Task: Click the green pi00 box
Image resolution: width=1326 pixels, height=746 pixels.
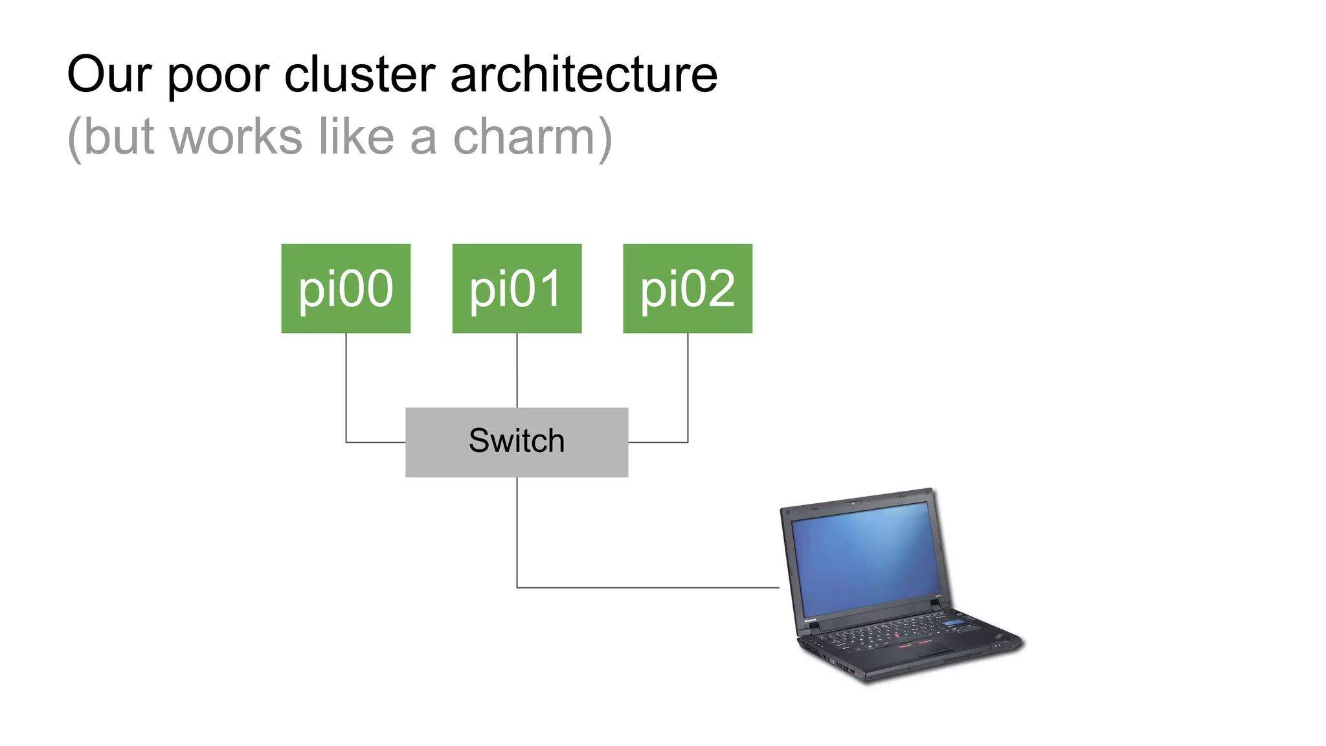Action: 346,288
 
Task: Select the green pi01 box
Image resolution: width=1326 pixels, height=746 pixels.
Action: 517,288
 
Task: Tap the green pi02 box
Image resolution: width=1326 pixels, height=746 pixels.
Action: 688,288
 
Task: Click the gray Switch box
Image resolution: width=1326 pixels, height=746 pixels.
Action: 517,442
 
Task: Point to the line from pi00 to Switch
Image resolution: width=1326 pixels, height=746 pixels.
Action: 346,389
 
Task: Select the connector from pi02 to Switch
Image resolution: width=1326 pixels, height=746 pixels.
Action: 688,389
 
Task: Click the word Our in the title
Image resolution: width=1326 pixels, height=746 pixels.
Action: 109,74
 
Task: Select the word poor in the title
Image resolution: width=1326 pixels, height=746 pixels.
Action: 218,76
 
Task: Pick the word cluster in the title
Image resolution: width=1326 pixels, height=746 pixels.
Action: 359,74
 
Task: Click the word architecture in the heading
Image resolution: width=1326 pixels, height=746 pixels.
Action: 583,74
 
